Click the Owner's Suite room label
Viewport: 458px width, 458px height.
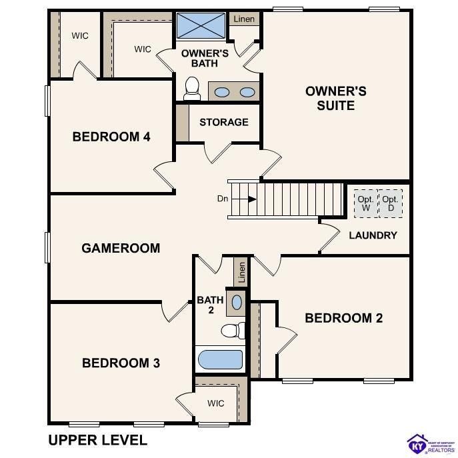point(335,98)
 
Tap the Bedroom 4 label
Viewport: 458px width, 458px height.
point(111,137)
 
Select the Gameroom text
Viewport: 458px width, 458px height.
point(121,248)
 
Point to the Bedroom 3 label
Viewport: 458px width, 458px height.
point(121,363)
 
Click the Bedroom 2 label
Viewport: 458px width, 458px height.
point(343,318)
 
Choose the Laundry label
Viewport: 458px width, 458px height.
point(373,235)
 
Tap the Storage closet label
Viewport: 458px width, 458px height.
point(223,122)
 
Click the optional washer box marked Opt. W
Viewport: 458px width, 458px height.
point(365,203)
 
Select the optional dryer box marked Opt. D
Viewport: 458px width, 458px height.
point(390,203)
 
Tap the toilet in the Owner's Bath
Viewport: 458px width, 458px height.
point(192,88)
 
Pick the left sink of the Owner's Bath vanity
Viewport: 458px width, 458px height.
point(222,92)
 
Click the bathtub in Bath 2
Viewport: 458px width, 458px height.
point(219,359)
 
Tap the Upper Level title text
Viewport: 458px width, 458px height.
point(97,440)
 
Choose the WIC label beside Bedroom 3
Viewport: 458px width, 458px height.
point(215,403)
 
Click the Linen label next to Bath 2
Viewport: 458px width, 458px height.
point(241,271)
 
